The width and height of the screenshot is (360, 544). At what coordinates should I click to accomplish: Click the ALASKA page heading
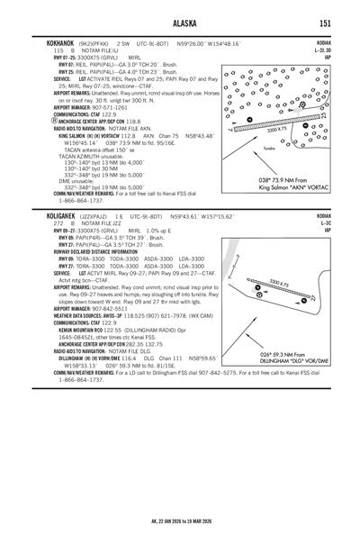coord(180,23)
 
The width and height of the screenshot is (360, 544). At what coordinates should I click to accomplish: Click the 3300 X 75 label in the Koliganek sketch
coord(278,286)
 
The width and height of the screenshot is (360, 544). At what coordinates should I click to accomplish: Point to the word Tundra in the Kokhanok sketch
coord(269,147)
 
